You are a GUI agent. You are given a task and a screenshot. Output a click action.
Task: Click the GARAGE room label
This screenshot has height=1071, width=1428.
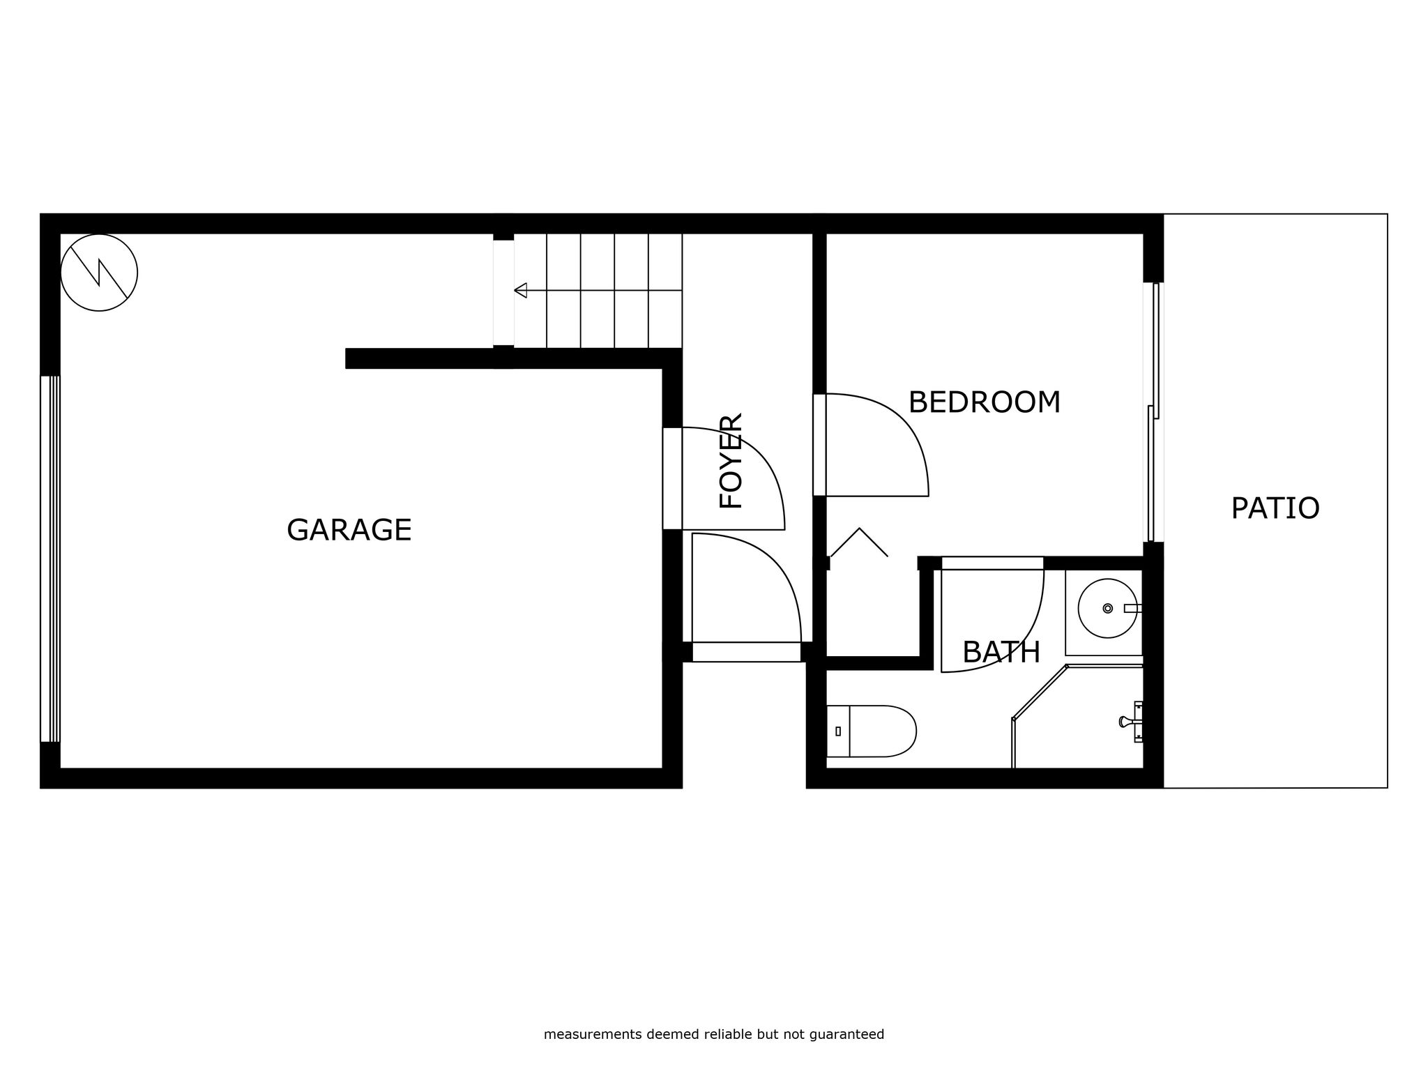pos(349,530)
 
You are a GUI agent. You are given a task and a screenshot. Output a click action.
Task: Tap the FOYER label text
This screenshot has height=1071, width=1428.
pos(731,461)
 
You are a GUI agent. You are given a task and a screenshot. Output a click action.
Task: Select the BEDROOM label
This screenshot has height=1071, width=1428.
pos(985,402)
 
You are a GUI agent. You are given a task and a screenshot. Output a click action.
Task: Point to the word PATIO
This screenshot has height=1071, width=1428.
pos(1275,508)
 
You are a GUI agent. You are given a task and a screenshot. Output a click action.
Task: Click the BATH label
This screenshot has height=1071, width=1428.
pos(1001,653)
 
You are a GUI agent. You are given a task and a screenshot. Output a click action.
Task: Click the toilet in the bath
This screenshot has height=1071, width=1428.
pos(871,731)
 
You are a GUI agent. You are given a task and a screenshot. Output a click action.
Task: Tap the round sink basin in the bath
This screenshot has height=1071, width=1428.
pos(1108,608)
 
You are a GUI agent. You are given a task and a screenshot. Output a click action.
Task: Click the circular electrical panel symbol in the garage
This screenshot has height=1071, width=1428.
pos(99,273)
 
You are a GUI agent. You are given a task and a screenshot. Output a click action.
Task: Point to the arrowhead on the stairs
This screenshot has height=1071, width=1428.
pos(520,290)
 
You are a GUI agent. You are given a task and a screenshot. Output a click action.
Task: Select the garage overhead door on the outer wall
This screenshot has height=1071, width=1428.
pos(50,559)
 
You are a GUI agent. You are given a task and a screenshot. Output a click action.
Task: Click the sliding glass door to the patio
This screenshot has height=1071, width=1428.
pos(1153,412)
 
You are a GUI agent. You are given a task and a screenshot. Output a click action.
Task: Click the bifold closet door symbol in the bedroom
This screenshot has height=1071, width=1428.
pos(859,542)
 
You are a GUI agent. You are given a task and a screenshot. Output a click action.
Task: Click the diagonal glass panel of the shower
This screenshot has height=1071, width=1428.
pos(1040,692)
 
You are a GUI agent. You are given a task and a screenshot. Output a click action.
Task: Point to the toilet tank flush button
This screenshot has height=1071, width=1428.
pos(838,731)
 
